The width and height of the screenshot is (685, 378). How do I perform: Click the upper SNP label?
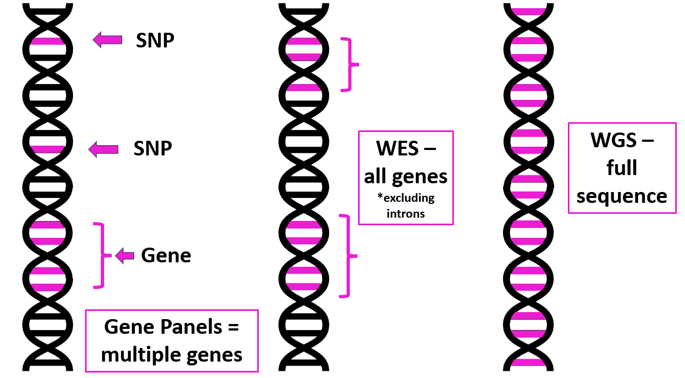pos(155,40)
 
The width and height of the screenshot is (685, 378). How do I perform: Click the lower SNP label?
pos(153,148)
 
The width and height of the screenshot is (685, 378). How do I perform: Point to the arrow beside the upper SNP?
pos(107,39)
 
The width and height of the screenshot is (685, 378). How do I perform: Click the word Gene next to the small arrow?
pos(166,255)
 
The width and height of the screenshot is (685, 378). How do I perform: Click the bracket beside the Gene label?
pos(100,255)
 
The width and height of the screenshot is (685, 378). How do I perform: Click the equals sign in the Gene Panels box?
pos(234,327)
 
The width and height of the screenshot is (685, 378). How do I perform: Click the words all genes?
pos(405,176)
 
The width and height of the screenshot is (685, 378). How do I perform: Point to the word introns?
pos(405,213)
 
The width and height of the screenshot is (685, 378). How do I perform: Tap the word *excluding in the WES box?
pos(405,197)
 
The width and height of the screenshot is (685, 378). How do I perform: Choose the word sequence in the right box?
pos(622,196)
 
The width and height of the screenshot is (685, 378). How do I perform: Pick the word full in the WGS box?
pos(622,168)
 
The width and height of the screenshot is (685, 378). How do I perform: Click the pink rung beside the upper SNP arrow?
pos(47,40)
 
